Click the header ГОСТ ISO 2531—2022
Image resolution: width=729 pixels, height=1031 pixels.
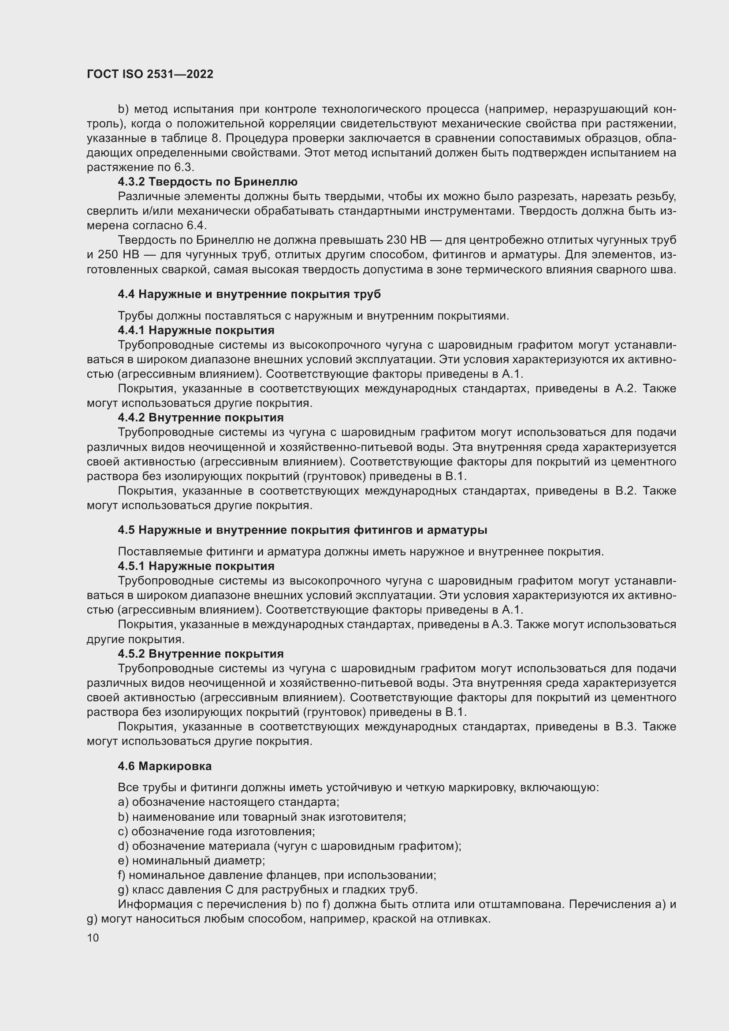pos(150,74)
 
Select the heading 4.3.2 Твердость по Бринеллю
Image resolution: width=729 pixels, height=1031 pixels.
pos(208,182)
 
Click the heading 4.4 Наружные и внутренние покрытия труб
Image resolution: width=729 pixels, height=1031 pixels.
pos(249,294)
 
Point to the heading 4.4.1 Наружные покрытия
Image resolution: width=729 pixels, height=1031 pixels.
pos(196,331)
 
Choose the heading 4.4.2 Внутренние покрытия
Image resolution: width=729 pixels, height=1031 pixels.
pos(201,417)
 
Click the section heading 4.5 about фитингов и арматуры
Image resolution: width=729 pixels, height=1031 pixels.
pos(302,530)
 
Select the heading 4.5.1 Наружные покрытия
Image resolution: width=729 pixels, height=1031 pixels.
pos(196,566)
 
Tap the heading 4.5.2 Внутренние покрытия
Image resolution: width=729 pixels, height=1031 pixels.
pos(201,654)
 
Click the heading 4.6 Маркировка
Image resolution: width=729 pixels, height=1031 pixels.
pos(165,766)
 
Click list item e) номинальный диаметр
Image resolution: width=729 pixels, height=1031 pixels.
pos(191,861)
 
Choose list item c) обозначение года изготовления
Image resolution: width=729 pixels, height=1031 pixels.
pos(216,832)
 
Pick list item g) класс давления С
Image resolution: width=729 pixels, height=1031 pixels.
pos(268,890)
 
